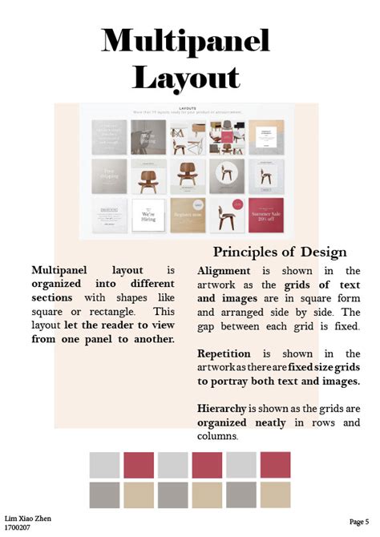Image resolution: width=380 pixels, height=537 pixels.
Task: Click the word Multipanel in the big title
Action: (185, 40)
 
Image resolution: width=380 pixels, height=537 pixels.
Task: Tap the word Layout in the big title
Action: (186, 77)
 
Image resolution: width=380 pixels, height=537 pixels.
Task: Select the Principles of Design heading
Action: (280, 252)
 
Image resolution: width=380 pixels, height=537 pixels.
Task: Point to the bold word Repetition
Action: (225, 353)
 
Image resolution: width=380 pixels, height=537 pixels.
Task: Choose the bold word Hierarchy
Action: (221, 408)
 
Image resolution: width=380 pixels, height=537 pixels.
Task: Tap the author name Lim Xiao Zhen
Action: (28, 519)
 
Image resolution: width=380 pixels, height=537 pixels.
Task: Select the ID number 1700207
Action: (18, 529)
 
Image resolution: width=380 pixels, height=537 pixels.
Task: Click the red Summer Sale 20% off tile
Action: (266, 215)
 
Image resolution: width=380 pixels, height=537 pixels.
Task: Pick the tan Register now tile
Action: (188, 215)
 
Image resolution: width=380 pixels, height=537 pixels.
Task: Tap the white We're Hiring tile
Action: (148, 215)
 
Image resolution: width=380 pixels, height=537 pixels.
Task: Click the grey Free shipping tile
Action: (109, 176)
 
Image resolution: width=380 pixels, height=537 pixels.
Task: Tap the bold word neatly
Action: (271, 422)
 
